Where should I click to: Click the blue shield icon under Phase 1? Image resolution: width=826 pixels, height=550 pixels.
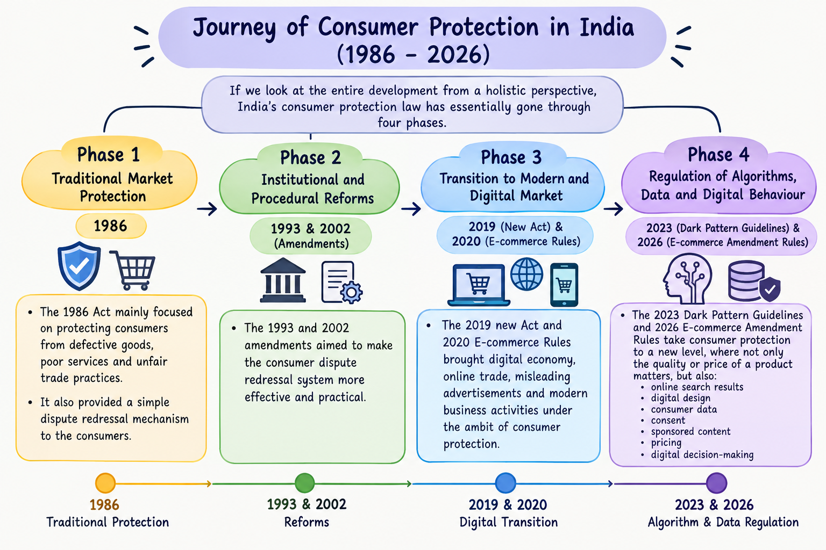(79, 266)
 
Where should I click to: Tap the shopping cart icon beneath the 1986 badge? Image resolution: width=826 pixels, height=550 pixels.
(133, 270)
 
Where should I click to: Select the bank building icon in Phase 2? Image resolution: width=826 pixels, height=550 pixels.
(283, 280)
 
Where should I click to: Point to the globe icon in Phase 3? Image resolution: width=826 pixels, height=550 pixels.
(526, 274)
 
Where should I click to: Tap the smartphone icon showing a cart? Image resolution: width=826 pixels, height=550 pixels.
(564, 285)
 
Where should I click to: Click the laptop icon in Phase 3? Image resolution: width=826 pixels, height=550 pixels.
(479, 285)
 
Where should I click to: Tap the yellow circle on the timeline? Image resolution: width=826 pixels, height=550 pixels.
(105, 483)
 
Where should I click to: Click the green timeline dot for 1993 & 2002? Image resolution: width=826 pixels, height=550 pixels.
(304, 483)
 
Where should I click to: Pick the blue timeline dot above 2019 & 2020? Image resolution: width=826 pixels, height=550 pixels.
(505, 483)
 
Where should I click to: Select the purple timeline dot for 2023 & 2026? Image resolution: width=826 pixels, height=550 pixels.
(716, 483)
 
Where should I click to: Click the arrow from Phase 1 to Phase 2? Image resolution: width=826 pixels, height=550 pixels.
(207, 209)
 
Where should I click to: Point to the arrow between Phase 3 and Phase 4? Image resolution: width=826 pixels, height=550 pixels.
(613, 209)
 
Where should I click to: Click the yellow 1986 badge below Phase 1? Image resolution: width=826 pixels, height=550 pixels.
(111, 226)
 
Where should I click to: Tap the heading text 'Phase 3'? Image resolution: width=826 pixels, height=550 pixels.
(511, 157)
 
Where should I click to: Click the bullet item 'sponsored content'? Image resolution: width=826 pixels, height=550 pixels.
(690, 431)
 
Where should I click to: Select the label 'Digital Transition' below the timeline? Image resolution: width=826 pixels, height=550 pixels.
(509, 522)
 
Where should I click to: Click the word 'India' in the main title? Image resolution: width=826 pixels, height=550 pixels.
(607, 27)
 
